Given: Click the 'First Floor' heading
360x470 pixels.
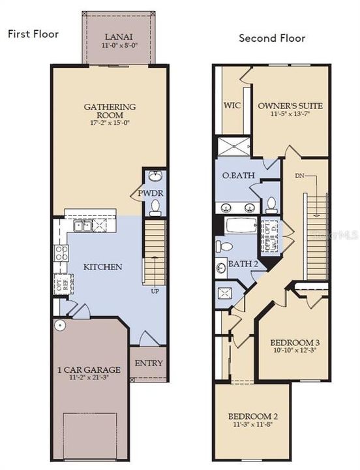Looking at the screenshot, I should click(x=33, y=34).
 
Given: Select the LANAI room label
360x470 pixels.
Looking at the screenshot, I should click(x=119, y=38).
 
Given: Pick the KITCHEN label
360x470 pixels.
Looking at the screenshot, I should click(x=103, y=266).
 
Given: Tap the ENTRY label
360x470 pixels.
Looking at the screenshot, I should click(x=148, y=363).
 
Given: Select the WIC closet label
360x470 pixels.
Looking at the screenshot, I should click(x=233, y=105).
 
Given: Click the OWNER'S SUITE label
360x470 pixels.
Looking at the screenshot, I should click(x=290, y=105).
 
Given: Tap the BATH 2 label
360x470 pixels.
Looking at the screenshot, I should click(x=242, y=263).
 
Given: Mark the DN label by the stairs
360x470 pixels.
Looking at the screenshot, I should click(x=299, y=175).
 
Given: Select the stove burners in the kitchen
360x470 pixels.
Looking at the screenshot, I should click(x=62, y=253).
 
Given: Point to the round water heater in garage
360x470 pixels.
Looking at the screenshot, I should click(x=60, y=324).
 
